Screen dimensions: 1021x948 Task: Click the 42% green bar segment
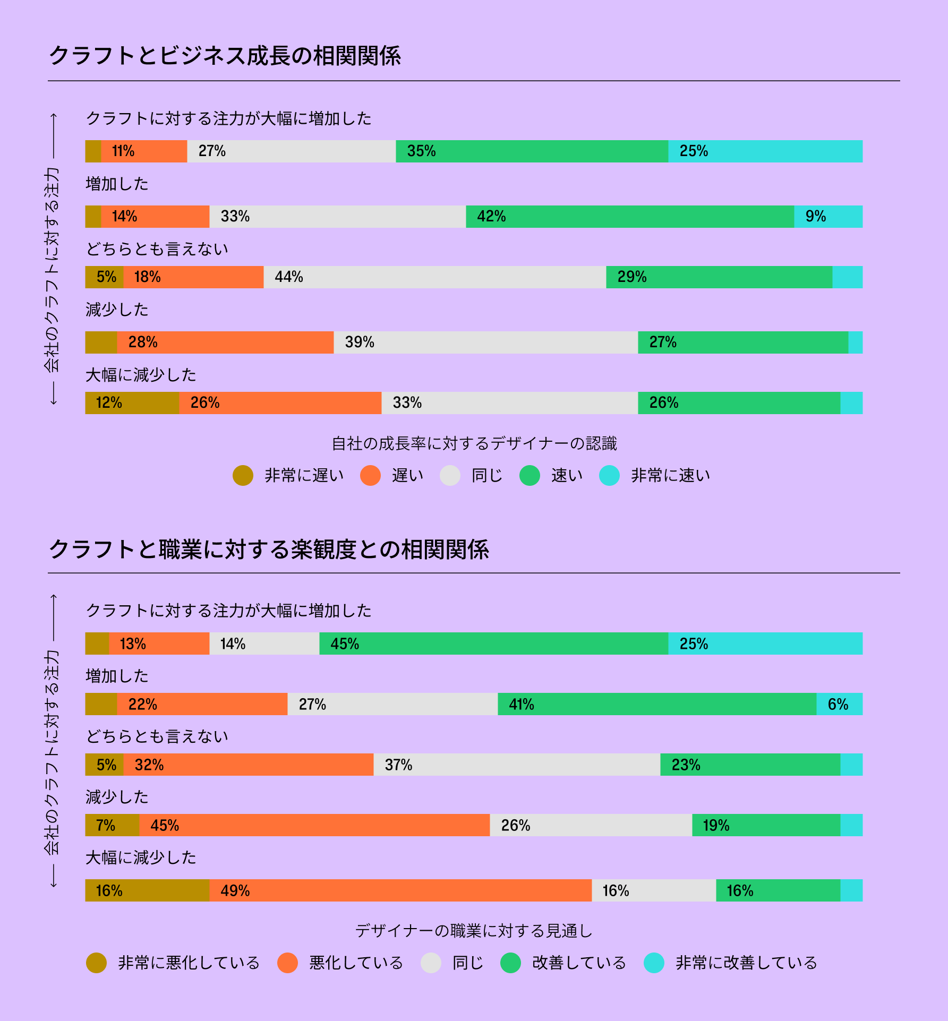629,217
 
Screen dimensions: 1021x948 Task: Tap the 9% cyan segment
828,217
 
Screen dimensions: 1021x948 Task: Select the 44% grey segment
434,277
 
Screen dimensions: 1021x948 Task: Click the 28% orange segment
225,342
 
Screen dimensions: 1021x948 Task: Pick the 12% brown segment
132,403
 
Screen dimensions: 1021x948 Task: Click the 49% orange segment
400,890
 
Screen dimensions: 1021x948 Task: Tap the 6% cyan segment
839,704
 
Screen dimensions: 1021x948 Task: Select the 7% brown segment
112,825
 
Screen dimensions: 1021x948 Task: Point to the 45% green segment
493,644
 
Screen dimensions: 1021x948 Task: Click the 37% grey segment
517,765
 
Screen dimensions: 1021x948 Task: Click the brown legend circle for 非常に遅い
243,475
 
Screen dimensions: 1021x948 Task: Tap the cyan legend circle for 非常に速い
609,475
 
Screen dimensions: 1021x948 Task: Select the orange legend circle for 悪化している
287,963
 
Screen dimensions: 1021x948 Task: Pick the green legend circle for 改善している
510,963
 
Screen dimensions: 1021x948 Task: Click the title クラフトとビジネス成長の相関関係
225,56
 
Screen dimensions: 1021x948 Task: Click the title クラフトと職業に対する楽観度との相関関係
269,549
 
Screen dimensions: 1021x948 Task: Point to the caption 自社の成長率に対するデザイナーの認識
474,443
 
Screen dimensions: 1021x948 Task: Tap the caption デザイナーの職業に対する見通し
474,931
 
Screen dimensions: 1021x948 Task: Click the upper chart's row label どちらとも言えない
157,249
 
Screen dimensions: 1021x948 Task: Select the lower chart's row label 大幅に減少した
141,857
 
